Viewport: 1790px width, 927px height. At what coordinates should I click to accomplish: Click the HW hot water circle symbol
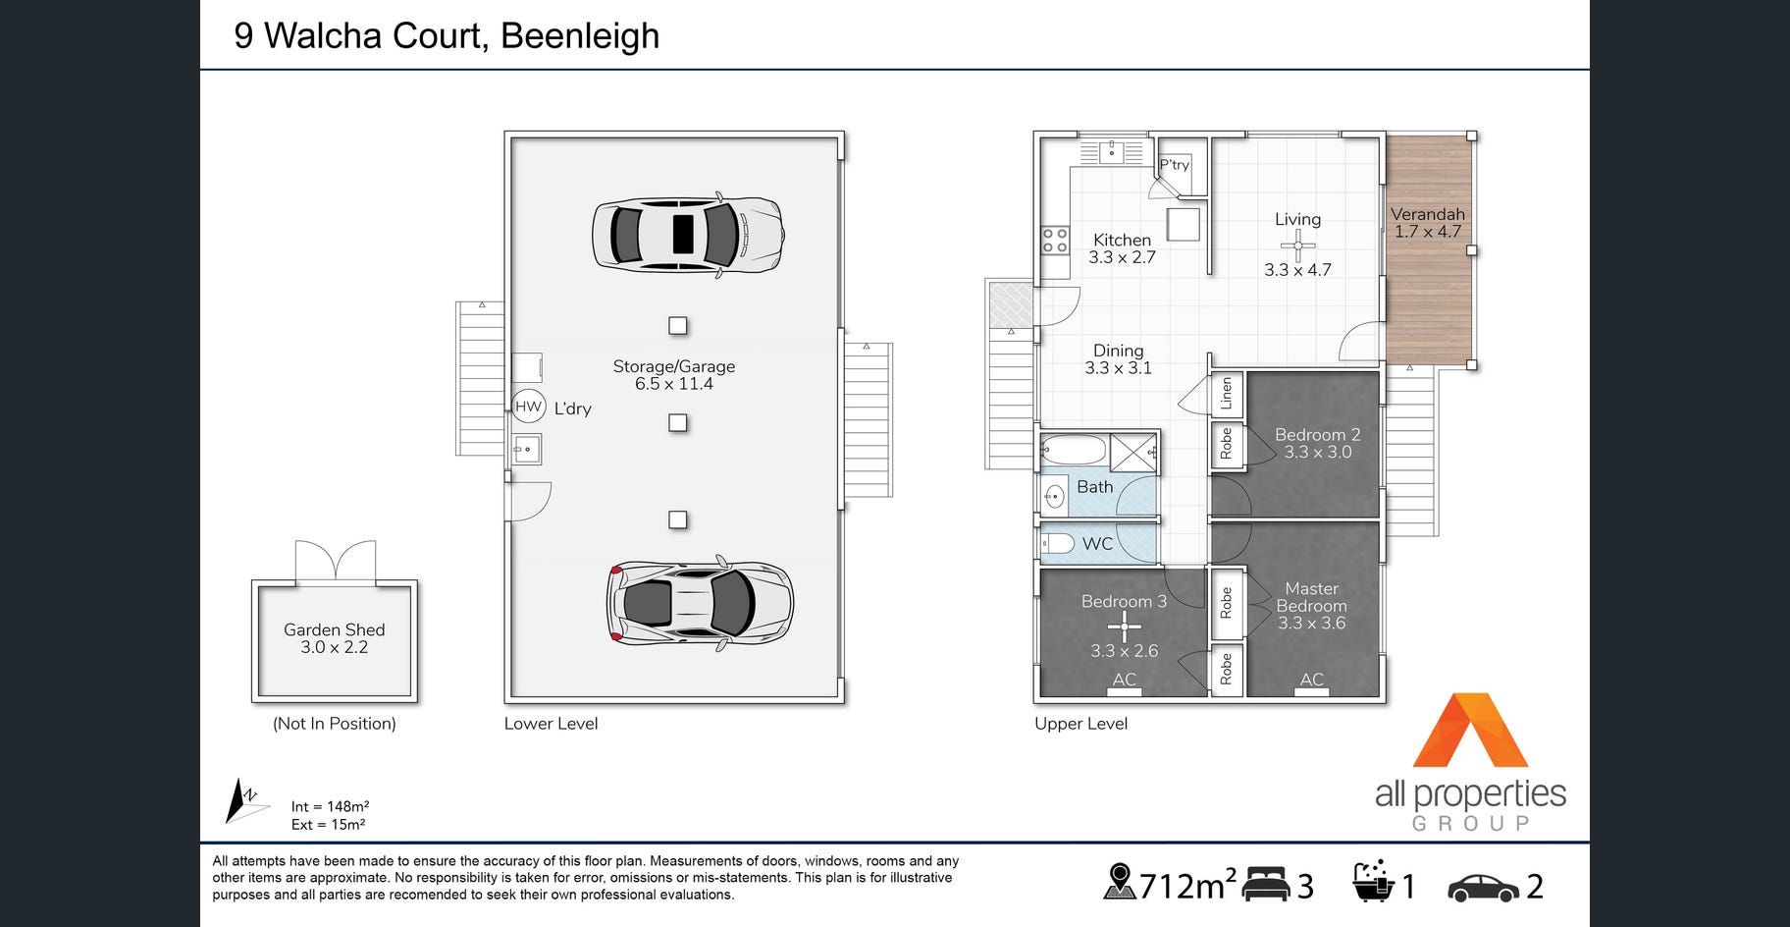[529, 407]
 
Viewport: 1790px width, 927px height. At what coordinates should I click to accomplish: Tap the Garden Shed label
[335, 629]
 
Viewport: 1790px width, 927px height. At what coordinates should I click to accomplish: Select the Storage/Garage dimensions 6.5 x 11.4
[674, 384]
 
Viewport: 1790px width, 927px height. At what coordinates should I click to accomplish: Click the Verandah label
[1428, 214]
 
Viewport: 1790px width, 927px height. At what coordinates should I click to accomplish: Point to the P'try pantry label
[1175, 165]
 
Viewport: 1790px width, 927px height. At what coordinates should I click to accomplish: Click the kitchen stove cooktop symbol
[1055, 240]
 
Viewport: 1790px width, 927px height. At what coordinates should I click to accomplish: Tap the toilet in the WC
[1057, 543]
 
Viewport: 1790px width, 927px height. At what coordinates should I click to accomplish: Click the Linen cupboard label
[1226, 394]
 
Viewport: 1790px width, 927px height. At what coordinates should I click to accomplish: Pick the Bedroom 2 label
[1318, 434]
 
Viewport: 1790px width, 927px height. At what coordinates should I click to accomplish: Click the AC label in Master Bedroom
[1312, 679]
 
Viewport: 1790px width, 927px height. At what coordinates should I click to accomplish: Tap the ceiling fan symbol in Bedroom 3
[1124, 626]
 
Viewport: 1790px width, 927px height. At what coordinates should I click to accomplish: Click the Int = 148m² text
[330, 806]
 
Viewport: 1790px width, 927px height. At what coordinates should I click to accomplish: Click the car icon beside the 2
[1484, 887]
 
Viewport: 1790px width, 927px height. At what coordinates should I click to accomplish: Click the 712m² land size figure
[1186, 886]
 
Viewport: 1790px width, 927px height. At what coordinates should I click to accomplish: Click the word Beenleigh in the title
[580, 36]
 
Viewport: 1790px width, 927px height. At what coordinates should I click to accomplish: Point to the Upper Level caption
[1080, 724]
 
